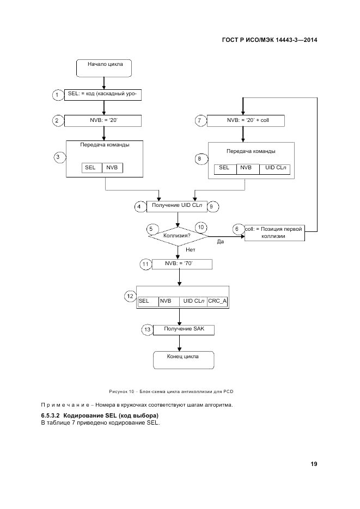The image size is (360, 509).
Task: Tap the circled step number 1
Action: click(58, 95)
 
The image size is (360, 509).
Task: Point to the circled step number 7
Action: click(200, 120)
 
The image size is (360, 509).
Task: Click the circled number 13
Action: click(147, 329)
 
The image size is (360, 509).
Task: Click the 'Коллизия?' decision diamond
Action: click(178, 236)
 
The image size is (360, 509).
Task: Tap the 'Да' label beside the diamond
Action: click(221, 242)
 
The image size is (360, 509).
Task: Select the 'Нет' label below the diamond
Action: click(190, 250)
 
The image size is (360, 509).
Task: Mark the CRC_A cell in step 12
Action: click(217, 301)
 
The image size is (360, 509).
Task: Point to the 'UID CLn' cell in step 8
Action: click(275, 168)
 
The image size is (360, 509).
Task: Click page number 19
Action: click(314, 464)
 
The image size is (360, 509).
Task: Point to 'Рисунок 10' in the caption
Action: click(121, 391)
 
